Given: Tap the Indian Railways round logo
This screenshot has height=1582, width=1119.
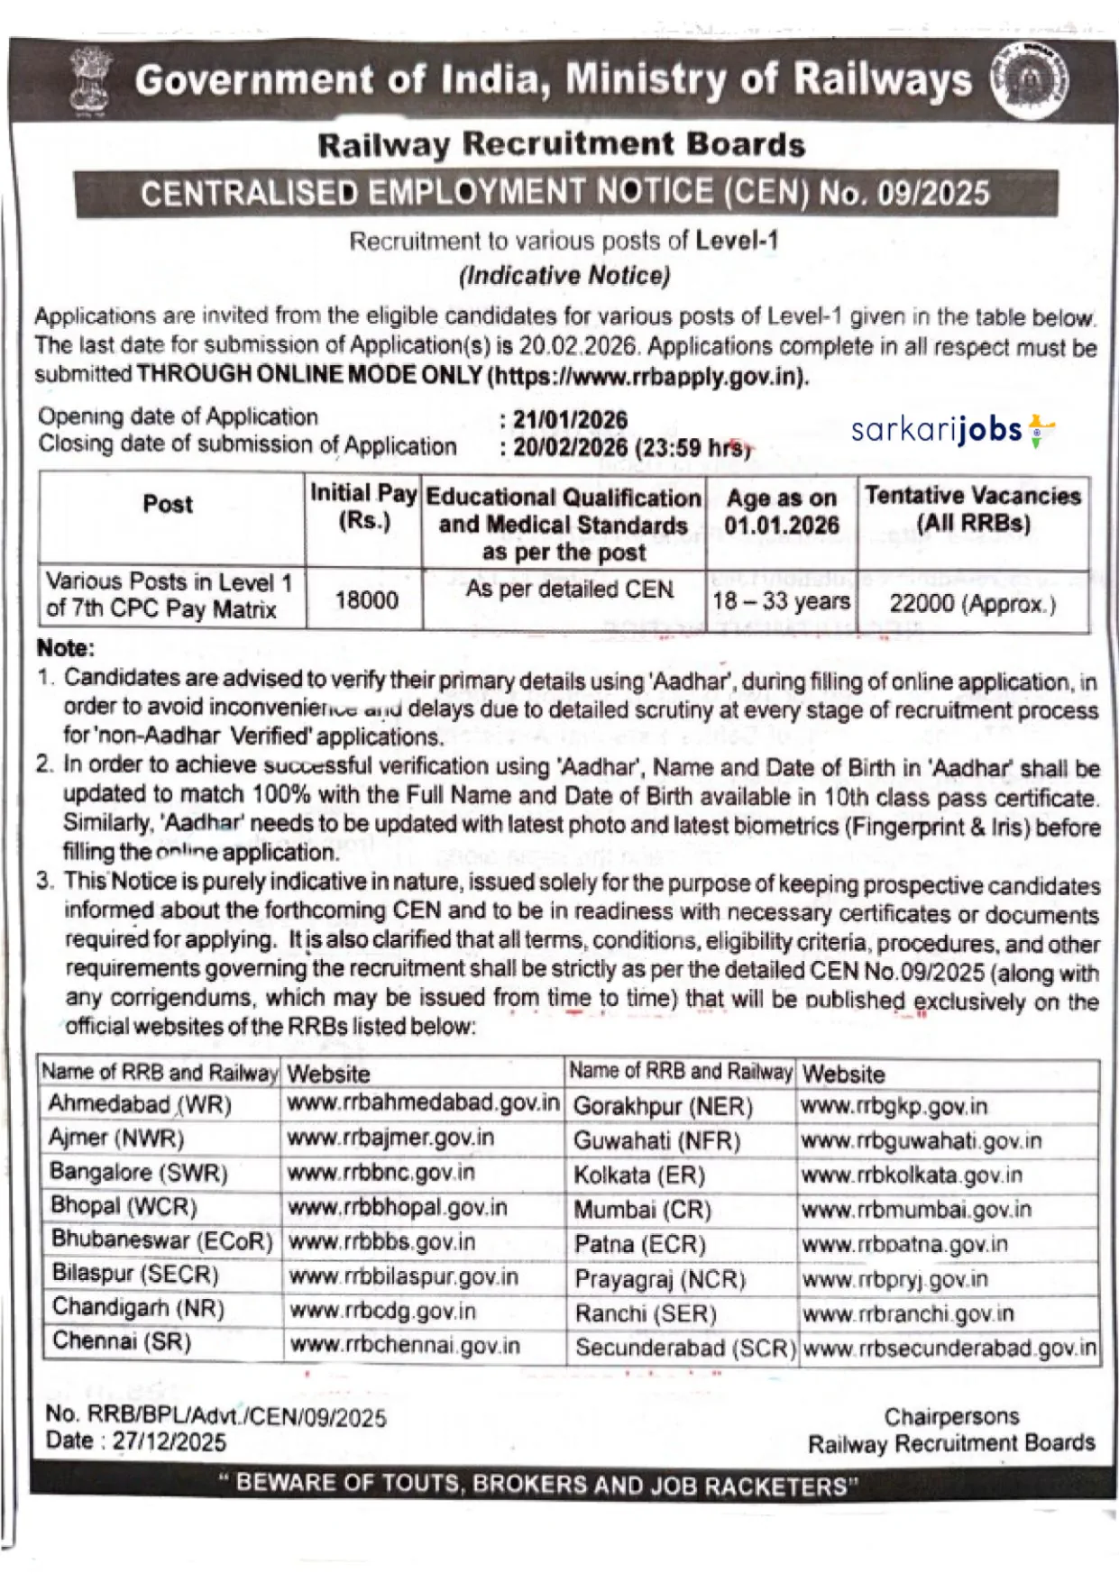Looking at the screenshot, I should point(1030,81).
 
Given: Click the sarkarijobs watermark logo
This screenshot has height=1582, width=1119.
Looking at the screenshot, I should point(952,431).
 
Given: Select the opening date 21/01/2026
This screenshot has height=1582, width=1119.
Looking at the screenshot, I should point(570,420).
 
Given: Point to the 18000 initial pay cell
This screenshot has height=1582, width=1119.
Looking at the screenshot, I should point(366,600).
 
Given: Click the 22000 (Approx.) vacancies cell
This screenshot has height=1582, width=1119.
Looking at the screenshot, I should point(972,603).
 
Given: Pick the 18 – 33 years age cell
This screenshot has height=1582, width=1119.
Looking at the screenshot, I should point(781,601).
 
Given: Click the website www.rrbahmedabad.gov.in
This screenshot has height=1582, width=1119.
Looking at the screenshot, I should point(423,1103).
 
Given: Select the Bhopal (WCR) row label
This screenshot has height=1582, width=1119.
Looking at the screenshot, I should point(124,1206).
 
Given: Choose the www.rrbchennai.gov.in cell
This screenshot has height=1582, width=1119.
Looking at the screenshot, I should point(405,1346).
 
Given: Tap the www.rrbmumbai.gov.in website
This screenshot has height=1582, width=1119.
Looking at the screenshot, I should point(916,1210).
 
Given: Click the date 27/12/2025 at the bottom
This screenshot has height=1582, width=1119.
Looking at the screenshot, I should point(170,1442).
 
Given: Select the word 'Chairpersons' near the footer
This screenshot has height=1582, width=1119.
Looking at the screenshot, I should point(951,1416).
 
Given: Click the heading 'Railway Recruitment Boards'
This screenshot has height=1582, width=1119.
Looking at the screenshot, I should point(561,145).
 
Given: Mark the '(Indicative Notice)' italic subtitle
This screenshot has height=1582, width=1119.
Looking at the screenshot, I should point(564,275).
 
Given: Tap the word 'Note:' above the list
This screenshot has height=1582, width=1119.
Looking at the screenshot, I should point(65,648).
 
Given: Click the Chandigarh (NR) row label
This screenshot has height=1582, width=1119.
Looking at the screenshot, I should point(138,1307).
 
